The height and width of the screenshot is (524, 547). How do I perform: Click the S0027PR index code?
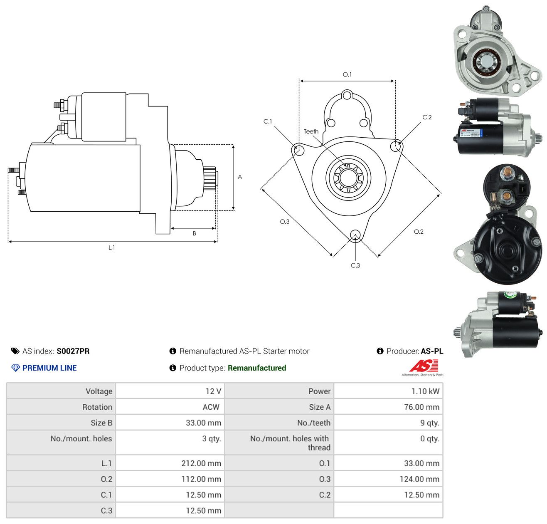coord(73,351)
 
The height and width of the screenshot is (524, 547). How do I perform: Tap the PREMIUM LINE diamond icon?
coord(15,368)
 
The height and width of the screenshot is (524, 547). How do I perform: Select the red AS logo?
coord(424,366)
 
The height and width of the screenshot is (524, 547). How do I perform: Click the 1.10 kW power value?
coord(425,391)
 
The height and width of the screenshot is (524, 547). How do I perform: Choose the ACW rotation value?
coord(211,407)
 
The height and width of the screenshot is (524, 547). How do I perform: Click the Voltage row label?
coord(99,391)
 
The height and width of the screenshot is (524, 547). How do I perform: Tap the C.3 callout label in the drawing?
coord(355,265)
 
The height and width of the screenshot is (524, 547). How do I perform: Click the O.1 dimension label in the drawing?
coord(347,74)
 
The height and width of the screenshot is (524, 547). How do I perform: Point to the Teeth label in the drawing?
coord(311,131)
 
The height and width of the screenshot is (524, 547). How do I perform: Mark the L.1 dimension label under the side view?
coord(111,247)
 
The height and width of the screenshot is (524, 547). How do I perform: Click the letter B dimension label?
coord(194,233)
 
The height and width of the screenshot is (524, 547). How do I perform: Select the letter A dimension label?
coord(240,177)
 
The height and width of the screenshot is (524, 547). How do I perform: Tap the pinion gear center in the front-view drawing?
coord(348,178)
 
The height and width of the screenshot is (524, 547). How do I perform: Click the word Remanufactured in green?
coord(257,368)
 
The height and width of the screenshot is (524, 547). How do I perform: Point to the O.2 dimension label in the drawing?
coord(419,232)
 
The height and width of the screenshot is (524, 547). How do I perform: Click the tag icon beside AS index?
coord(15,351)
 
